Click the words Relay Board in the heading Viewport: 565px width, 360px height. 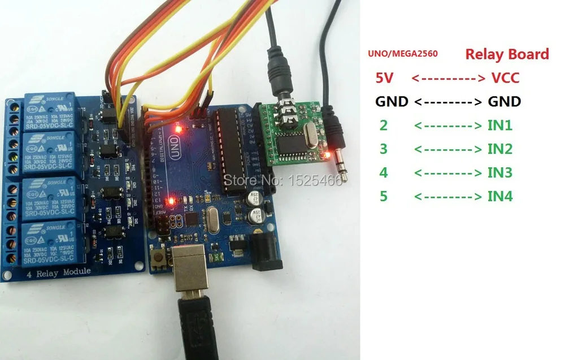(x=507, y=54)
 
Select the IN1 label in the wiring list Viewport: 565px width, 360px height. (x=499, y=125)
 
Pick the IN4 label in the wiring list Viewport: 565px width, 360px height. (x=500, y=197)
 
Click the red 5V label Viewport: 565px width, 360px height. (x=384, y=78)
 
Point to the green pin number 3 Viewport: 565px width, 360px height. (x=384, y=149)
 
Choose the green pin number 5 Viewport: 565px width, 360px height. (x=384, y=197)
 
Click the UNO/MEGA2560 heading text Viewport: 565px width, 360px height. (x=402, y=54)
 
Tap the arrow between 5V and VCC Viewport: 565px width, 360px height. (x=449, y=78)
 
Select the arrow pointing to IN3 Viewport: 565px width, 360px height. (x=449, y=173)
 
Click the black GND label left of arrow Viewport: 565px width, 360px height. (x=392, y=102)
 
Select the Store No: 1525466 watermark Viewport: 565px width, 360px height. (x=284, y=180)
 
